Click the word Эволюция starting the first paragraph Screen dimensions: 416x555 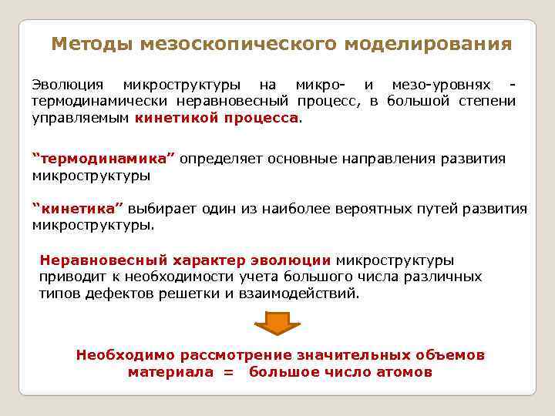[x=66, y=85]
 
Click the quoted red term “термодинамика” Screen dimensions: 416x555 [x=104, y=159]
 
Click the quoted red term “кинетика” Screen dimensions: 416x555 [x=78, y=209]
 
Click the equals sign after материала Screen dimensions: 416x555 [x=227, y=372]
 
